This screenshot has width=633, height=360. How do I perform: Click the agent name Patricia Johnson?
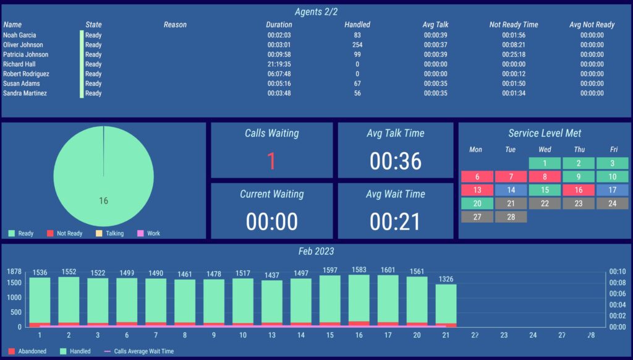pos(25,54)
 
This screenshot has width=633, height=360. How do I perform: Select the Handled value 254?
pos(357,45)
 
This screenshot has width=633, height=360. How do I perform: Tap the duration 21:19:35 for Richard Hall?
pos(279,64)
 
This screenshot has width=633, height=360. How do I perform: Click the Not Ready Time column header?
pos(513,25)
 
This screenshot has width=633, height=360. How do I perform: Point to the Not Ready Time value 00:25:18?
pos(514,54)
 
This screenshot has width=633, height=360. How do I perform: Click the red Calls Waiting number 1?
pos(271,161)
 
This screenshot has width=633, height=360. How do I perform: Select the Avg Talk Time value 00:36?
pos(396,161)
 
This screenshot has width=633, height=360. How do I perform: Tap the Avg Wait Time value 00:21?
pos(396,221)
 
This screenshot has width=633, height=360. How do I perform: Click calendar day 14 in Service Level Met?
pos(511,190)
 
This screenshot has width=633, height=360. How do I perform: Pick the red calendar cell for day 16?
pos(579,190)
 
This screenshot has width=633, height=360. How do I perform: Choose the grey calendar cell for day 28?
pos(511,216)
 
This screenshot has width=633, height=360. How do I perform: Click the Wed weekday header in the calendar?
pos(545,150)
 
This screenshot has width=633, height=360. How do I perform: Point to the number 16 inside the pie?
pos(104,200)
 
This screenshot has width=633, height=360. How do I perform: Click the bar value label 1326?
pos(446,279)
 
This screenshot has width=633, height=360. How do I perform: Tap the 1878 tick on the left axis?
pos(14,272)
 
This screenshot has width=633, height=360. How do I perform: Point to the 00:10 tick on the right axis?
pos(618,272)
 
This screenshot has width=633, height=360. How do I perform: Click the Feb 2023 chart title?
pos(316,252)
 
